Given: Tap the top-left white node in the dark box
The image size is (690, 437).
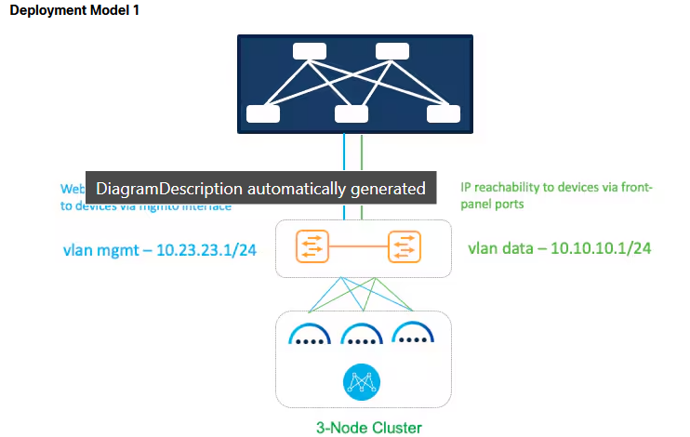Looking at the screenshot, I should (308, 52).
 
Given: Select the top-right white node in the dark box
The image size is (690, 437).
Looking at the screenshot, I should (391, 52).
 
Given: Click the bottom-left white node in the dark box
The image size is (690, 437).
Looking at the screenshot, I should (263, 114).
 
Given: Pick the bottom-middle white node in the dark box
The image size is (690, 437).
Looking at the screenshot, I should (351, 114).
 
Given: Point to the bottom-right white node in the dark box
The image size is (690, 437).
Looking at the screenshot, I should (443, 114).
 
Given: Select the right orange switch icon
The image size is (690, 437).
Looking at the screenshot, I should (405, 248).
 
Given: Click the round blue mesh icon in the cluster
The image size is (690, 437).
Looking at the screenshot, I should (358, 382).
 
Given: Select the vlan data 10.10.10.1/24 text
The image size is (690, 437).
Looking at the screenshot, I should (559, 249).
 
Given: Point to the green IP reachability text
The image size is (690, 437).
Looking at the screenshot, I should (556, 195).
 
